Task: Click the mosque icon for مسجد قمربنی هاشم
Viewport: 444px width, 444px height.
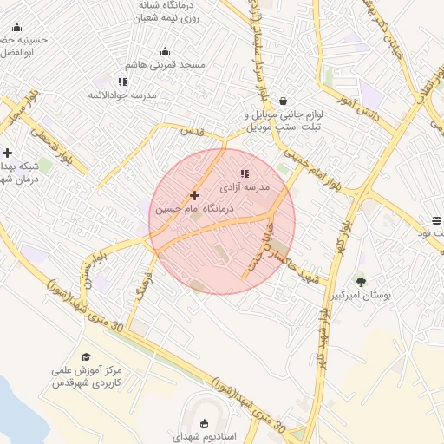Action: (165, 52)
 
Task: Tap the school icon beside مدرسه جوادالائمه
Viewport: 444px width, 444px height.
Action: (122, 82)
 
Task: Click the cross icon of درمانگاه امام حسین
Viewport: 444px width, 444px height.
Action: (194, 195)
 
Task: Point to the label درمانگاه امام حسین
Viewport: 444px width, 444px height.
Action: (195, 209)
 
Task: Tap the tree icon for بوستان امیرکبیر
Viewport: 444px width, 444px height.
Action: (361, 281)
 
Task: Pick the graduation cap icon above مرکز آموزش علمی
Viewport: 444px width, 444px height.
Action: (85, 356)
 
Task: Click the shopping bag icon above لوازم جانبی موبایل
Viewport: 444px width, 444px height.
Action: (283, 101)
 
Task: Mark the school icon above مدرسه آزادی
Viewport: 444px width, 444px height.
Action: (244, 173)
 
